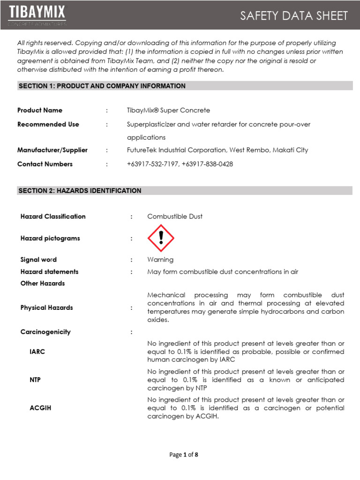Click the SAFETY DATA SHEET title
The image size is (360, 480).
(294, 16)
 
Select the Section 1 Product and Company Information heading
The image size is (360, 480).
(102, 86)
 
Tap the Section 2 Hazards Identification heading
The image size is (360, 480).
(80, 191)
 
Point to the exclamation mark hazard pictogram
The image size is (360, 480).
(161, 238)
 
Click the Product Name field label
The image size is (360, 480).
(40, 110)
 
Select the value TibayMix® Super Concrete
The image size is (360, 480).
(168, 110)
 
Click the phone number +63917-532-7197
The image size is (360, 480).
(152, 164)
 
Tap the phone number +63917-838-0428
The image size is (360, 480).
(208, 164)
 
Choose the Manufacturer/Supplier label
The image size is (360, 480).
(52, 150)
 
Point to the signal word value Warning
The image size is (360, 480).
(160, 260)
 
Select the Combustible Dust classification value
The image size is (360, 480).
(175, 217)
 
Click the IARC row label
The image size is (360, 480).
(37, 352)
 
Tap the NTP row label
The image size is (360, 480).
(35, 380)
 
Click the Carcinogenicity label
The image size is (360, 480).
(45, 332)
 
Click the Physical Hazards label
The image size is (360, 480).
(46, 307)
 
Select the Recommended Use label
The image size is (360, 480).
(48, 124)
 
